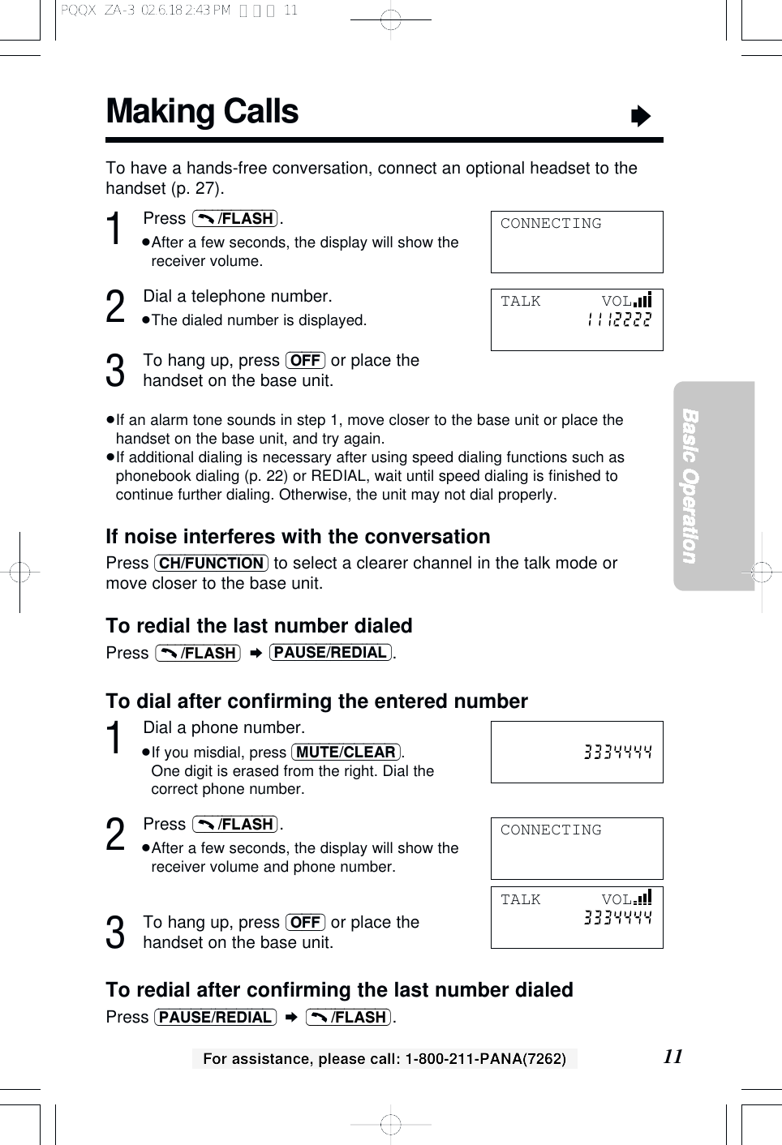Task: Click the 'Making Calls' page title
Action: point(202,112)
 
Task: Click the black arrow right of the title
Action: point(641,117)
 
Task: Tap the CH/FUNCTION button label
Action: point(211,564)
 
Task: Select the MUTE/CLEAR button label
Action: point(346,753)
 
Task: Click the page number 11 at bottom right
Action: point(672,1056)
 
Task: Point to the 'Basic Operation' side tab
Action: point(690,486)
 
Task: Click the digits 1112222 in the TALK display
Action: point(619,319)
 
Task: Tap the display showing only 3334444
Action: point(577,752)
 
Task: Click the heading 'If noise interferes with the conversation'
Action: point(298,537)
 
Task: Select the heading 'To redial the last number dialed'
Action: point(259,626)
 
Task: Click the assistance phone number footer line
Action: point(384,1058)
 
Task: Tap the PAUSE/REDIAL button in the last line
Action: point(215,1018)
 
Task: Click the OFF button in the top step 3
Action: point(305,361)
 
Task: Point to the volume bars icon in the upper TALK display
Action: point(643,300)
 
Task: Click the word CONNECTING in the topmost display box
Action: point(551,224)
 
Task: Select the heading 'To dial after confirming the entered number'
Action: point(316,701)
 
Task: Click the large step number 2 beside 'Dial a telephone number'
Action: point(116,307)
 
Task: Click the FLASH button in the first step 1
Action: point(236,219)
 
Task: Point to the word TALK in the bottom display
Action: point(520,899)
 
